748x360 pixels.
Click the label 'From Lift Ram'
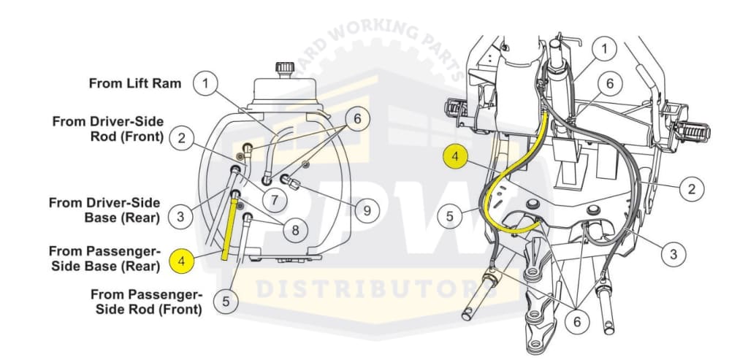pyautogui.click(x=135, y=83)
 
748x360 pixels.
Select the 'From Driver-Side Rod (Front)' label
pyautogui.click(x=108, y=129)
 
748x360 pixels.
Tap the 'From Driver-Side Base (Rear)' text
pyautogui.click(x=104, y=210)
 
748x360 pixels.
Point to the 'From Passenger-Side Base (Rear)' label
pyautogui.click(x=104, y=258)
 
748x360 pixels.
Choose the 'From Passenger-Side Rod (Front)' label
pyautogui.click(x=147, y=302)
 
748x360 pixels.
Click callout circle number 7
pyautogui.click(x=275, y=200)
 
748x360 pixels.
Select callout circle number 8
pyautogui.click(x=295, y=231)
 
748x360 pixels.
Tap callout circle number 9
pyautogui.click(x=367, y=210)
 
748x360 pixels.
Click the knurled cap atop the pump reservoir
pyautogui.click(x=285, y=69)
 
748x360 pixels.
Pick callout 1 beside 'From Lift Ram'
pyautogui.click(x=205, y=84)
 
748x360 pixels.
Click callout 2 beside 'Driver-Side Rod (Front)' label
pyautogui.click(x=181, y=138)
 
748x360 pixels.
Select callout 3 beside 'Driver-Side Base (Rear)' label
pyautogui.click(x=180, y=217)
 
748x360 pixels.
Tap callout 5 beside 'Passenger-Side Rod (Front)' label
pyautogui.click(x=226, y=302)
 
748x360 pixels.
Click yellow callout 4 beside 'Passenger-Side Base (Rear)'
pyautogui.click(x=181, y=261)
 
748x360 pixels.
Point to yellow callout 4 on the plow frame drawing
pyautogui.click(x=456, y=157)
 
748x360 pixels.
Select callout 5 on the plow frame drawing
pyautogui.click(x=450, y=216)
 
